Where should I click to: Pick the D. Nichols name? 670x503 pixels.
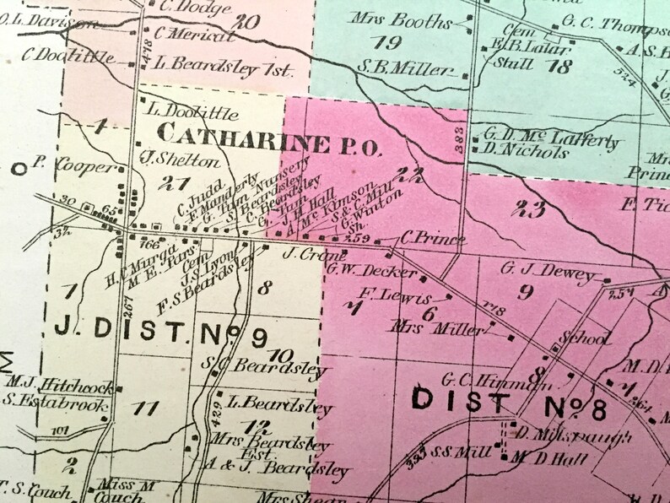pos(526,153)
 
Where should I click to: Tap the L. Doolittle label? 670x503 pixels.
pos(192,113)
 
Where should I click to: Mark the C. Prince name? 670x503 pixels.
pos(433,241)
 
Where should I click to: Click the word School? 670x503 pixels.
pos(587,338)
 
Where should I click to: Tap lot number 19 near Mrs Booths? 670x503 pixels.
pos(390,42)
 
